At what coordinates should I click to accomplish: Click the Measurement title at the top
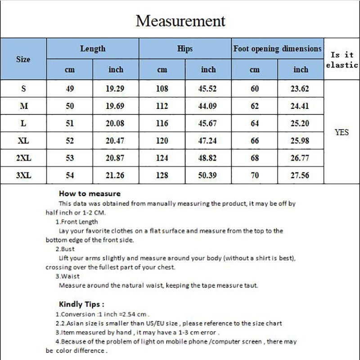pos(180,21)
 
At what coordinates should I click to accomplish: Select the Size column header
pos(23,59)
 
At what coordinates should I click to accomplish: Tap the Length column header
pos(93,49)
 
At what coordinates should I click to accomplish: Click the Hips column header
pos(185,49)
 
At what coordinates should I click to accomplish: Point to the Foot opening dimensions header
pos(278,49)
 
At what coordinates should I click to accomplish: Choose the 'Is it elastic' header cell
pos(342,59)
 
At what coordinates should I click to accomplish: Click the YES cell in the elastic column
pos(342,132)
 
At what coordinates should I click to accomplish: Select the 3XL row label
pos(23,175)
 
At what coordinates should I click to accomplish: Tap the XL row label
pos(23,141)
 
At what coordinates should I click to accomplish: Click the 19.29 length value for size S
pos(115,89)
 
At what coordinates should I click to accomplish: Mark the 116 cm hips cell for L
pos(162,124)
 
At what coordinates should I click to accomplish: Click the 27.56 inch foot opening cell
pos(301,175)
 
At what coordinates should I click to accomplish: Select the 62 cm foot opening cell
pos(255,106)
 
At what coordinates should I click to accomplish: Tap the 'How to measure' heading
pos(90,194)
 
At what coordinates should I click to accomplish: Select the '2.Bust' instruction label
pos(65,249)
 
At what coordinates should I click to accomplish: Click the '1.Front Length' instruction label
pos(76,221)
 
